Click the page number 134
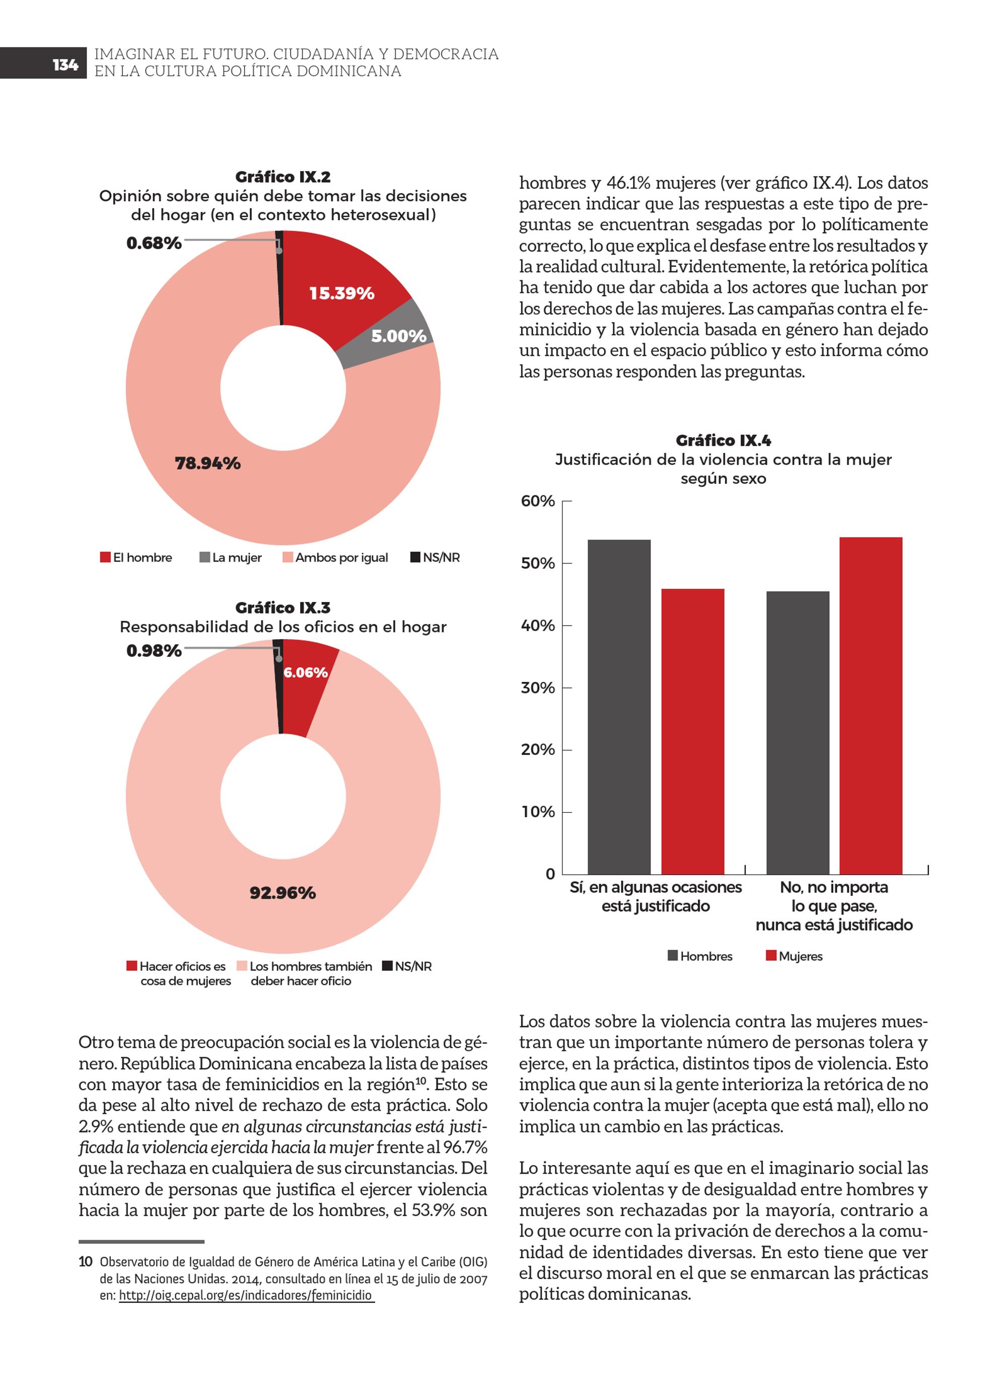65,65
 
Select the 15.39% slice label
341,293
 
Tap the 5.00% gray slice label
399,336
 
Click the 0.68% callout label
154,244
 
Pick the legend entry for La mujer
231,558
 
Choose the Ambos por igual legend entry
335,558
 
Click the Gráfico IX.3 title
283,608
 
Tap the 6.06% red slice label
305,672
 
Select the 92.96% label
283,893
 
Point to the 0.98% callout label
154,651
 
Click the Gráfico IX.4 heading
723,440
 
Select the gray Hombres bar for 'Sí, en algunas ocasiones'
619,707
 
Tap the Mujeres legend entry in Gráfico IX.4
795,956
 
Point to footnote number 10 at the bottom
86,1279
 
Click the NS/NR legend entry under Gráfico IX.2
435,558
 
